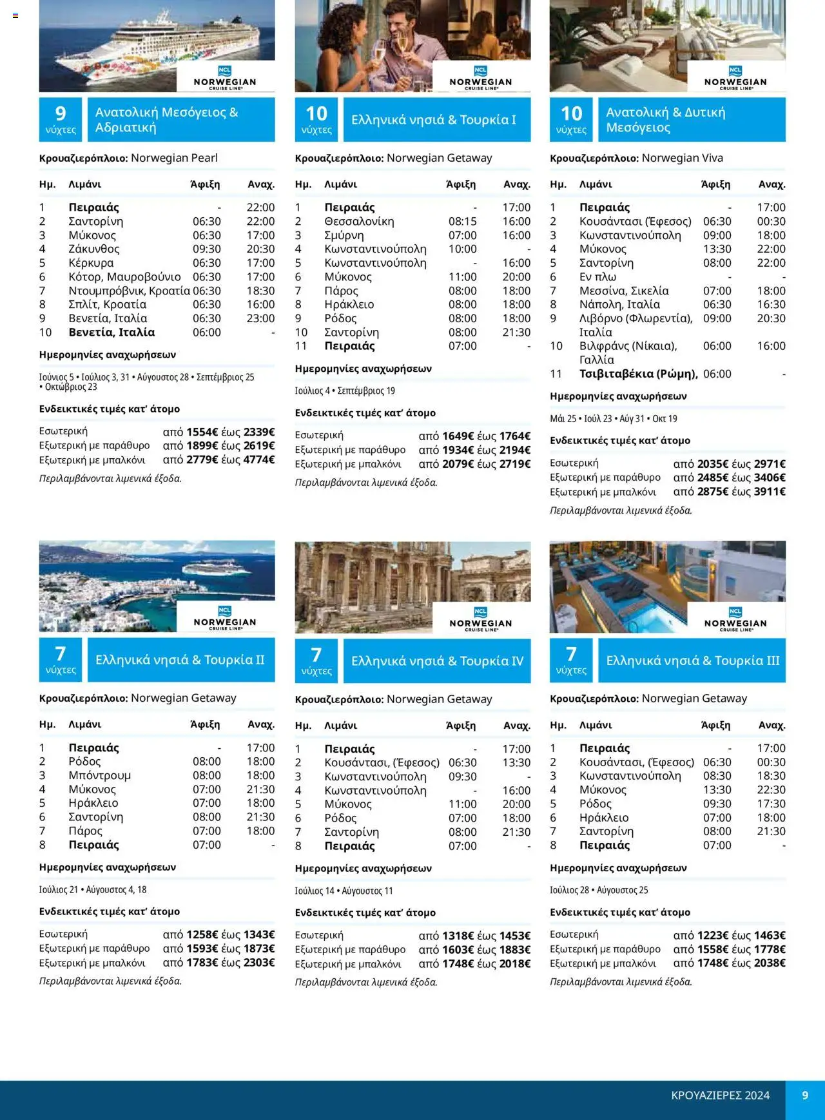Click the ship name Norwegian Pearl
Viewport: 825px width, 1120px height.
coord(174,158)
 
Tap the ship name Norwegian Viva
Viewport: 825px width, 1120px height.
coord(682,158)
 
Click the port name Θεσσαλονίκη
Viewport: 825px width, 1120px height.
coord(359,221)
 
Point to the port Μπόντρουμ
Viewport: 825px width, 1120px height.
coord(99,775)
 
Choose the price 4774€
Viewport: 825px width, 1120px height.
coord(259,459)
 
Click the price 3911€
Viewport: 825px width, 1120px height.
coord(770,491)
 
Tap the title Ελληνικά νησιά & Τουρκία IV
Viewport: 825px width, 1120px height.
coord(437,661)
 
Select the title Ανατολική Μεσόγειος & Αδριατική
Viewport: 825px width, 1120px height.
coord(167,120)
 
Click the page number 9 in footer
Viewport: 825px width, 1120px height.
coord(805,1095)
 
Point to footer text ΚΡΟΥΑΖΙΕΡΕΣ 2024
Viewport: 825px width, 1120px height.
coord(720,1096)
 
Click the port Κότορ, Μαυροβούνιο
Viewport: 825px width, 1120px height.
coord(124,276)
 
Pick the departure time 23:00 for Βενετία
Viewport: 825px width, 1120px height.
coord(260,318)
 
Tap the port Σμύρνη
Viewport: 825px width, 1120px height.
coord(344,235)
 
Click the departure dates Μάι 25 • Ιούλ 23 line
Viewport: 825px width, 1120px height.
coord(613,419)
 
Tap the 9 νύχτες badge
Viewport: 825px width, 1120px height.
coord(61,120)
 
